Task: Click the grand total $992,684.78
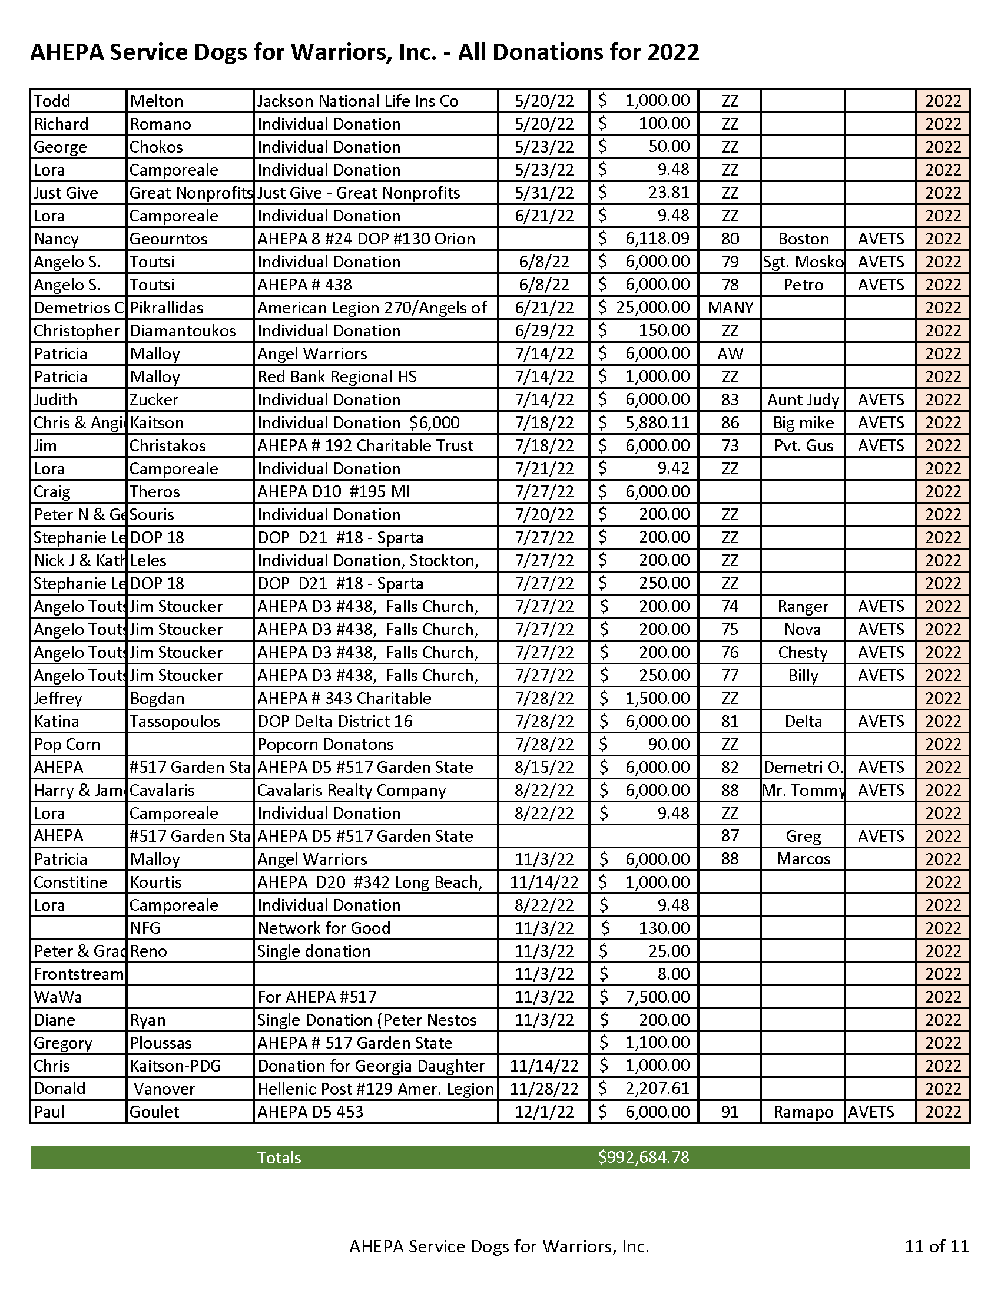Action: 644,1157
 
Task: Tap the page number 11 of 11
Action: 936,1245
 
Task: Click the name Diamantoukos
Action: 183,330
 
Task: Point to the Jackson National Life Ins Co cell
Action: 357,101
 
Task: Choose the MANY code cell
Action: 730,308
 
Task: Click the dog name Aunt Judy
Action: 803,399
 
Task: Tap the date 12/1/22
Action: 544,1112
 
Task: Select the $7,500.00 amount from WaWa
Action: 657,997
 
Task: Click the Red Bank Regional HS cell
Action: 337,377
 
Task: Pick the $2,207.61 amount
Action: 657,1088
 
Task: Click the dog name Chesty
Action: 803,652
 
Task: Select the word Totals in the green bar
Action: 279,1157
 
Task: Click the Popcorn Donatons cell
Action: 325,744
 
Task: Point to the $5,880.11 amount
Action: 657,422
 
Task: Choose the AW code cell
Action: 730,353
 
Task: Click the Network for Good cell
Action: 324,927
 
